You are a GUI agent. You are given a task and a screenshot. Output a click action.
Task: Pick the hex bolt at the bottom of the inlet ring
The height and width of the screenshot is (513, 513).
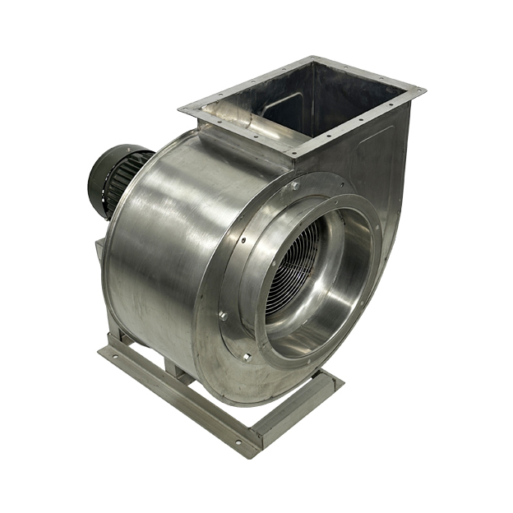point(246,357)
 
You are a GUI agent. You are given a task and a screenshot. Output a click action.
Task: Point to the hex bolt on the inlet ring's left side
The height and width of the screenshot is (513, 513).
point(222,315)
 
